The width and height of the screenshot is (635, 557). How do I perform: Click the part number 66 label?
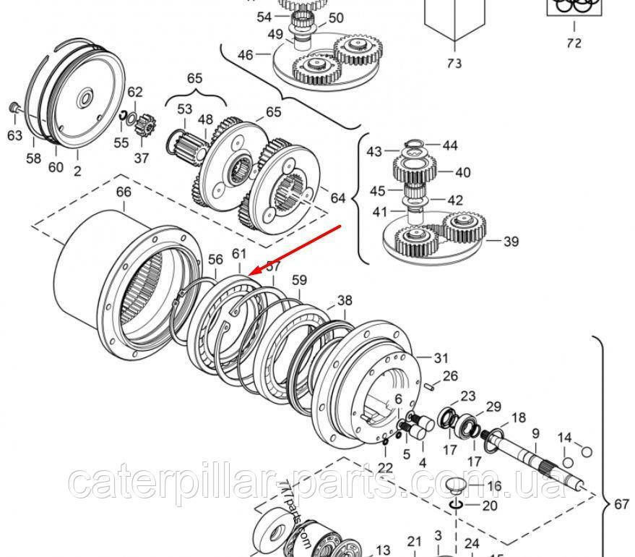coord(124,192)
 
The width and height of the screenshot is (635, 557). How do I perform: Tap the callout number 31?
coord(441,357)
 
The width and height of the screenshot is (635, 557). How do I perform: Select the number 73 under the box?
coord(453,63)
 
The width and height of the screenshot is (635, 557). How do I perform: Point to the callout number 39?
coord(511,242)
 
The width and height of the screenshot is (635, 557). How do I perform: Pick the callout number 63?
coord(14,135)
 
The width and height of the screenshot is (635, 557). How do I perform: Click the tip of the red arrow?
coord(248,275)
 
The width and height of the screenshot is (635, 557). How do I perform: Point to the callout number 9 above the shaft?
coord(535,433)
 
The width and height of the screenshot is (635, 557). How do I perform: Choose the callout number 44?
coord(450,145)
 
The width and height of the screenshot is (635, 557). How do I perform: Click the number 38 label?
coord(345,299)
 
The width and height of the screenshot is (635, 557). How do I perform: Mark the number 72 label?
coord(573,43)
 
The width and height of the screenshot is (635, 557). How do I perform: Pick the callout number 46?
coord(245,54)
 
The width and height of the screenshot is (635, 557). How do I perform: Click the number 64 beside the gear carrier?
coord(338,197)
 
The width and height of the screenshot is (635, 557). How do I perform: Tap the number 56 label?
coord(215,260)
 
